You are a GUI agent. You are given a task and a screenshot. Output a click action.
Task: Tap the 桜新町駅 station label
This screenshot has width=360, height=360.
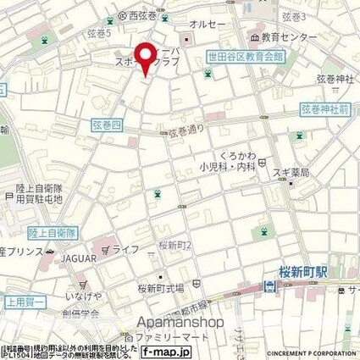pos(303,274)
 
